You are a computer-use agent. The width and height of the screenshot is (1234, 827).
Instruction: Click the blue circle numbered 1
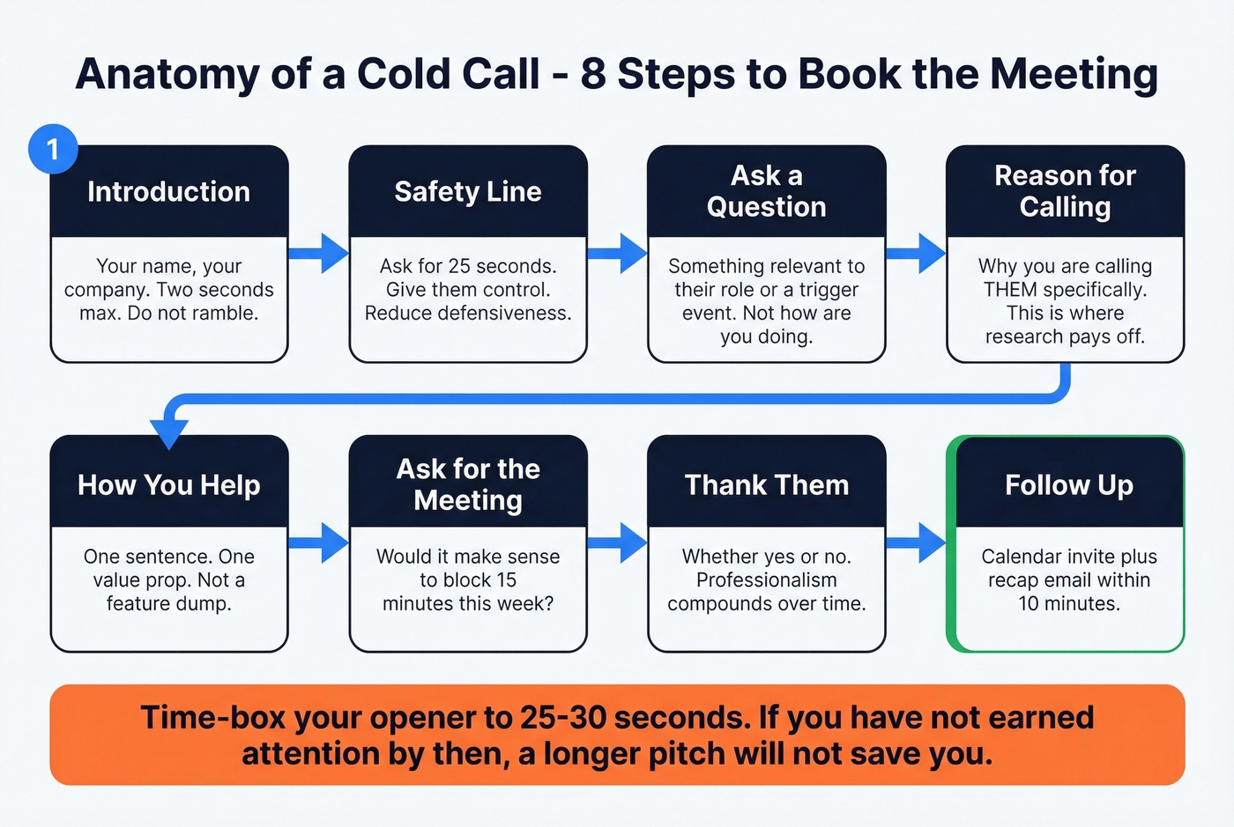53,149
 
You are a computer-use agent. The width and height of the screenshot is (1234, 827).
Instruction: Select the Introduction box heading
168,192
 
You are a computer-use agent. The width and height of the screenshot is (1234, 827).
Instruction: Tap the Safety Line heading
468,192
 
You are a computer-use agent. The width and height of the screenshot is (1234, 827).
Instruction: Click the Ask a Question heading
766,191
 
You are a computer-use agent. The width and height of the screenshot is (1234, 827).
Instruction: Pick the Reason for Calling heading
1065,191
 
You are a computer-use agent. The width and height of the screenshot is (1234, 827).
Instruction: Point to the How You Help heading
168,485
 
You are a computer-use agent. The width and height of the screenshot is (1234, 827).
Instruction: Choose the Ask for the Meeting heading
468,484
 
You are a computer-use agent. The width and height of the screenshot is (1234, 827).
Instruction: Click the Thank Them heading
766,485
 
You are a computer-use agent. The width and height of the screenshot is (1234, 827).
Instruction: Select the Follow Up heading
1068,485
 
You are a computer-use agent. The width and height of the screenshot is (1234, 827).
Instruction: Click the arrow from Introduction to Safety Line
319,254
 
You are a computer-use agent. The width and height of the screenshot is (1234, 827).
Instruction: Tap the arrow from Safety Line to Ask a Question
618,254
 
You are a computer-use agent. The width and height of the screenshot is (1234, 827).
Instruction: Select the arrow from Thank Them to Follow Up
917,543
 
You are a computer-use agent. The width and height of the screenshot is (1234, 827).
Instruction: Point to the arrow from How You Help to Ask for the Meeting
319,543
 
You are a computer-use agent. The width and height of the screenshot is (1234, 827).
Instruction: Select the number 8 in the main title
593,74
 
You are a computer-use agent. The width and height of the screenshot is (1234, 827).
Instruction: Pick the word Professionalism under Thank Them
766,580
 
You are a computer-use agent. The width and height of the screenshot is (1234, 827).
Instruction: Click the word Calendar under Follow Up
1022,557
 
